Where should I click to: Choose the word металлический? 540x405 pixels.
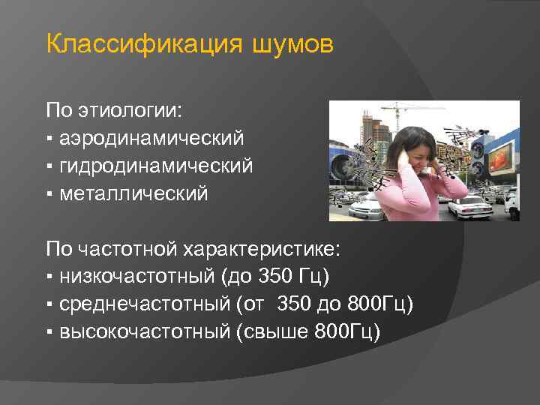click(134, 193)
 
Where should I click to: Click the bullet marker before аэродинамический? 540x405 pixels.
click(49, 139)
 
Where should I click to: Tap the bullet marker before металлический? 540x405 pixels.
click(49, 194)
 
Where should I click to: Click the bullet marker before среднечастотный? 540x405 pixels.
click(49, 304)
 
